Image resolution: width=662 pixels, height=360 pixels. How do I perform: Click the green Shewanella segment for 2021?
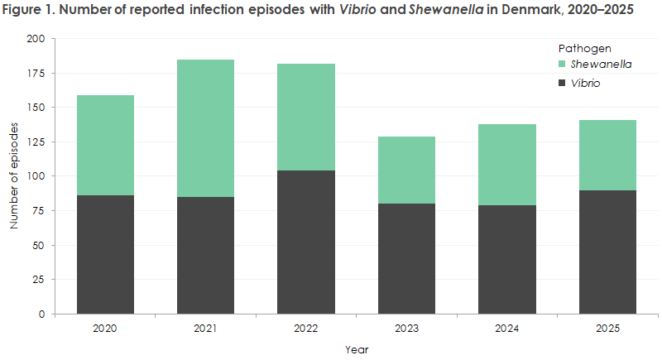205,127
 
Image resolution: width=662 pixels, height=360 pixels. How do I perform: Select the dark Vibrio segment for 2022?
306,242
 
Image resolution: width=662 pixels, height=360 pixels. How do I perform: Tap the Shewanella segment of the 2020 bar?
105,145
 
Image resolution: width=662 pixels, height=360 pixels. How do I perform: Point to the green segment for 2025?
607,155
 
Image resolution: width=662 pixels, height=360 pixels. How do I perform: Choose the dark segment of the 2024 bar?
507,259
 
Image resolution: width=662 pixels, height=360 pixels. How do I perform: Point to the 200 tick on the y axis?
36,39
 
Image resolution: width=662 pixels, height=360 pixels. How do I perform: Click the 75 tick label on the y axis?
38,211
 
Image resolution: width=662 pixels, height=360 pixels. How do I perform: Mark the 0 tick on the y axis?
42,314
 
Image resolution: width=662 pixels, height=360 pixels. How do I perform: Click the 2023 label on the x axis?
406,329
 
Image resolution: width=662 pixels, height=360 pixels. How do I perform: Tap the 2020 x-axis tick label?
105,329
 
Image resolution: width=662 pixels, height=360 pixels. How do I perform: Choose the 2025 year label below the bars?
607,329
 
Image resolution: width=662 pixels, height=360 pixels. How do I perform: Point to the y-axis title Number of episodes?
14,176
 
